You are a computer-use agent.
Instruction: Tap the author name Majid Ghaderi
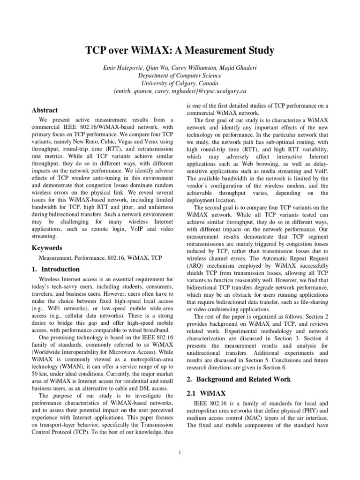(x=239, y=67)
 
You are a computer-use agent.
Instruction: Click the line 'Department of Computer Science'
(x=180, y=75)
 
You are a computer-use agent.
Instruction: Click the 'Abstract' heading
(x=45, y=110)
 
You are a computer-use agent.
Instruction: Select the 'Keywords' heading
(x=47, y=247)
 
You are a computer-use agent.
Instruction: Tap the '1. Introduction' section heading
(x=55, y=270)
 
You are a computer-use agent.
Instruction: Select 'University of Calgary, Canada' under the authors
(x=180, y=83)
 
